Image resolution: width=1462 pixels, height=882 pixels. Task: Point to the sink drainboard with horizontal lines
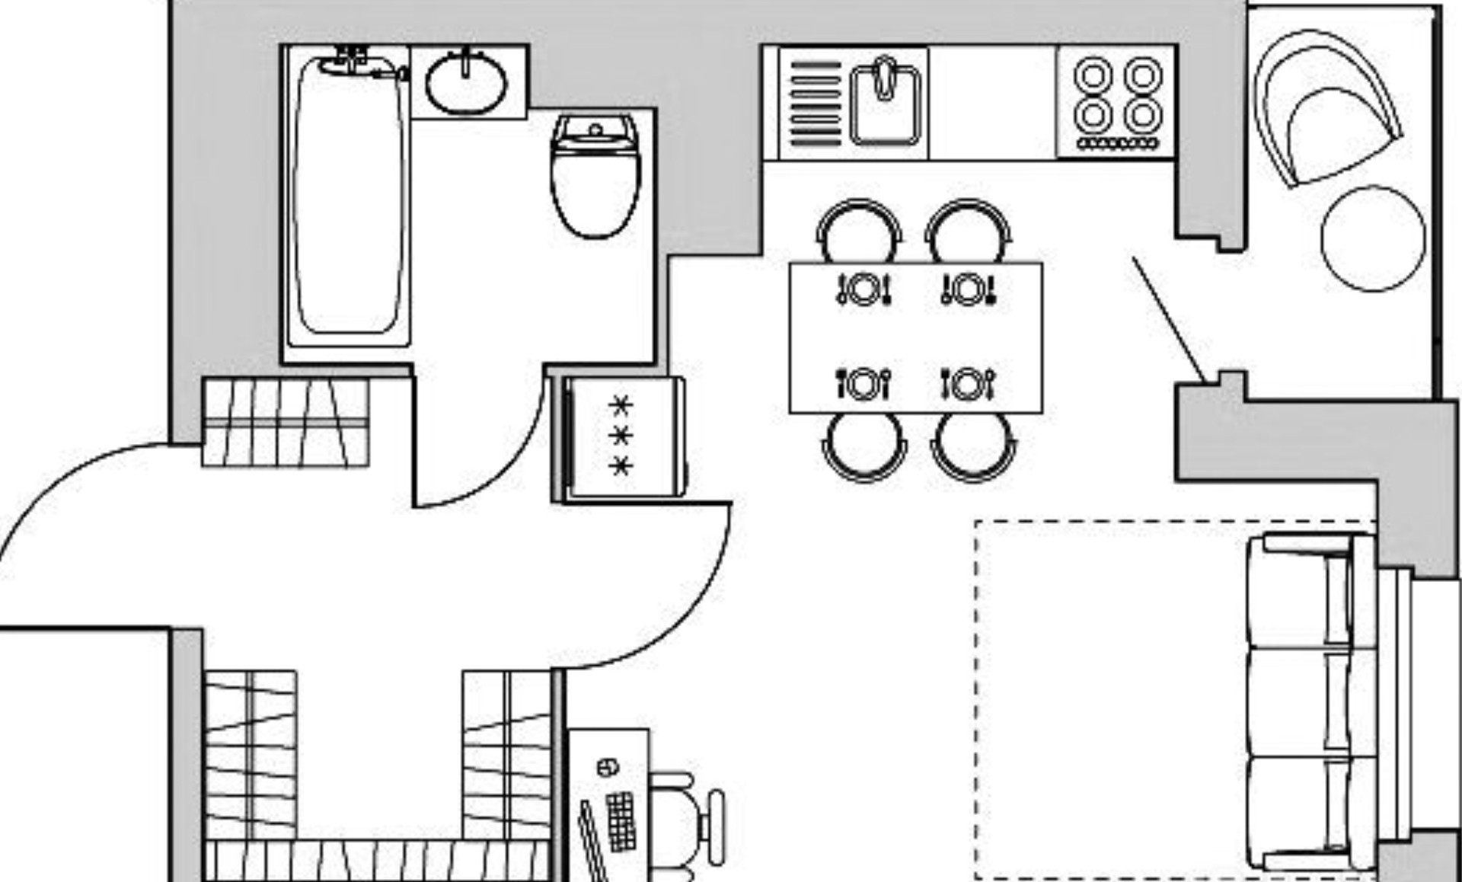pos(815,103)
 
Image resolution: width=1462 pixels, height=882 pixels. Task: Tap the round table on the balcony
pos(1373,238)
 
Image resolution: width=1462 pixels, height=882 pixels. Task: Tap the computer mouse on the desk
pos(607,767)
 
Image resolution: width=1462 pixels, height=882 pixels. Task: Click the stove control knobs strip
pos(1117,142)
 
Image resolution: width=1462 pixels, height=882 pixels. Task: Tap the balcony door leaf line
pos(1169,320)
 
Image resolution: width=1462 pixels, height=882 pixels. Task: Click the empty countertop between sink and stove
pos(992,103)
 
